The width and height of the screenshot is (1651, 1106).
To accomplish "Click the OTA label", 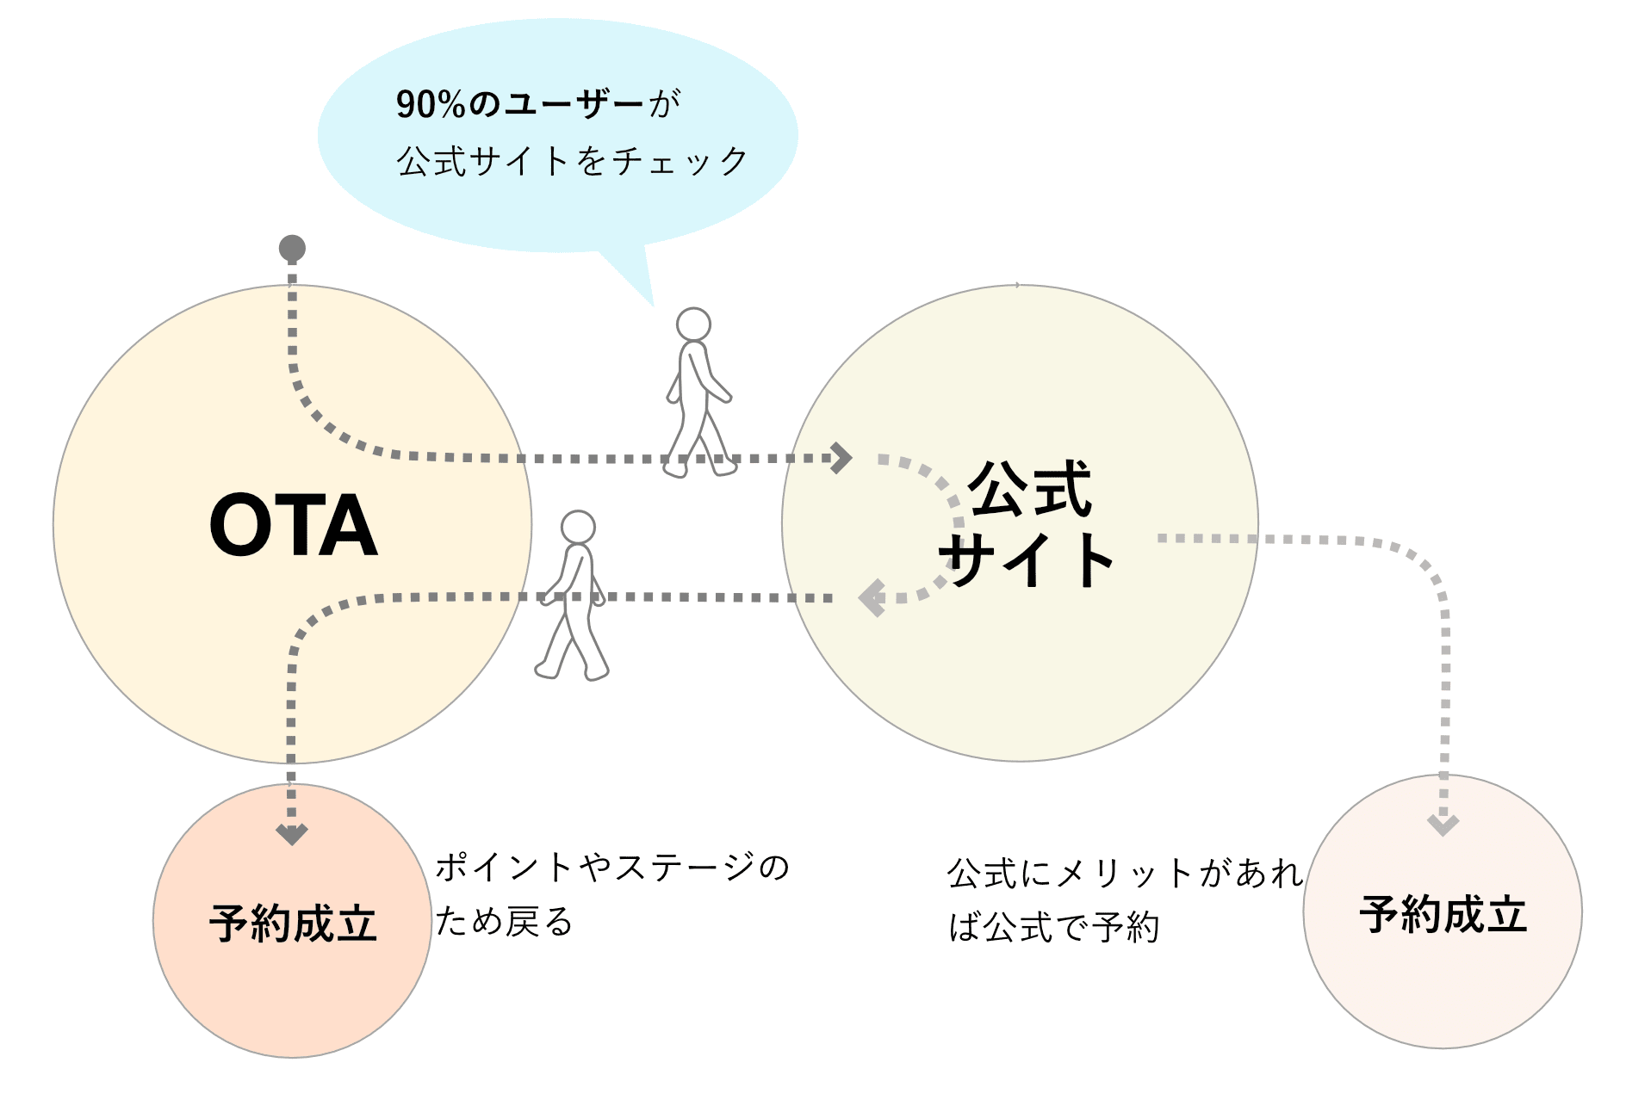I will [x=293, y=525].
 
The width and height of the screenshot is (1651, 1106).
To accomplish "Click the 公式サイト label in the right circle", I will [x=1027, y=525].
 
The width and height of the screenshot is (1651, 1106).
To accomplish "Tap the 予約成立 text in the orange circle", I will [x=293, y=924].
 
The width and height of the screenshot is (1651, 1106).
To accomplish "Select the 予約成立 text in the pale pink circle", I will [x=1443, y=914].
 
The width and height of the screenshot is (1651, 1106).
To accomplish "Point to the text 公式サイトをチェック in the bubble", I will [x=572, y=161].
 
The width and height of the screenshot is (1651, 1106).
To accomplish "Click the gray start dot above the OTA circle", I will [x=292, y=248].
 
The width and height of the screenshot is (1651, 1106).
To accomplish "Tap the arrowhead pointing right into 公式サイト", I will [x=841, y=457].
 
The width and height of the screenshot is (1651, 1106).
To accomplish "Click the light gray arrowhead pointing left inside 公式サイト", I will [x=872, y=597].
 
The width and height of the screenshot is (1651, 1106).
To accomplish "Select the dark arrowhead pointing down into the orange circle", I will [x=292, y=833].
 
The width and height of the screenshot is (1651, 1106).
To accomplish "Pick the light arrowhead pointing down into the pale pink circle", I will [x=1443, y=825].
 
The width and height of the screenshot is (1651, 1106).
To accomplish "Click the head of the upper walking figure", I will [x=693, y=324].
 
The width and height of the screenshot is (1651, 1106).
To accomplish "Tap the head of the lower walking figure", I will [x=578, y=527].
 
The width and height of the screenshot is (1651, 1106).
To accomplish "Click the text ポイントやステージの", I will [x=611, y=868].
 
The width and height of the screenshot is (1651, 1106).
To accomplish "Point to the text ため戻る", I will [x=504, y=922].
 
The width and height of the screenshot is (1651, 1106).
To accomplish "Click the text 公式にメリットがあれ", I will [x=1125, y=874].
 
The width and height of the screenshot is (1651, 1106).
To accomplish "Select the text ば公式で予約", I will [x=1054, y=928].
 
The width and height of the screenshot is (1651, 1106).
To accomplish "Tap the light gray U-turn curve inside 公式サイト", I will [x=954, y=525].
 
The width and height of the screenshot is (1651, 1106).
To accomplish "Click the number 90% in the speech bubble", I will [x=431, y=104].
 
